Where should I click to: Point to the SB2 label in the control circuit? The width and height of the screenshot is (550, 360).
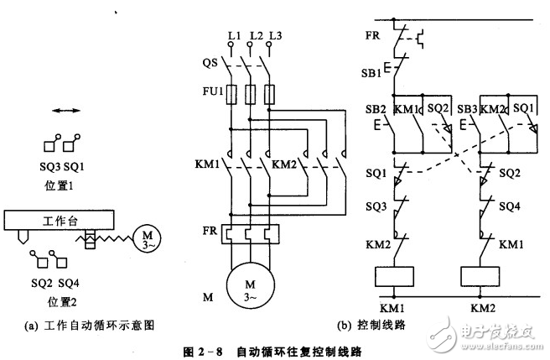[375, 109]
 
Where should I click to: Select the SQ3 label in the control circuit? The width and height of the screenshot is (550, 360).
[374, 204]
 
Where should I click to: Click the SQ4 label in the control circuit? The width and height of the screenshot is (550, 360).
[507, 204]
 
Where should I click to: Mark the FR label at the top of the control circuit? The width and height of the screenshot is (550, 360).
[372, 38]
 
